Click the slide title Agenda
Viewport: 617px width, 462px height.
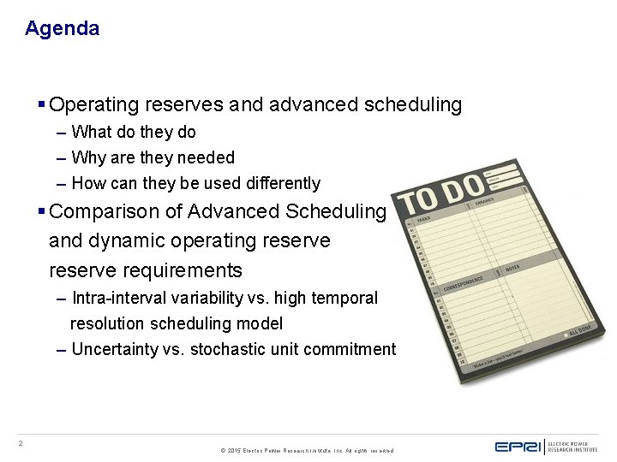62,28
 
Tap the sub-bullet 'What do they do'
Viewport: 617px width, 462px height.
134,133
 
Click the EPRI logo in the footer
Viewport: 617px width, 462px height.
518,447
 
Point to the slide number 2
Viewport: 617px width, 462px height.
21,443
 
